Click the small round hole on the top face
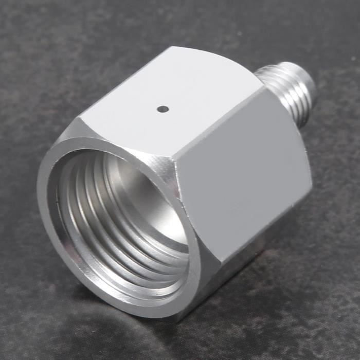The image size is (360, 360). [163, 109]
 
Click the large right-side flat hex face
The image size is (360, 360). [242, 170]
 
